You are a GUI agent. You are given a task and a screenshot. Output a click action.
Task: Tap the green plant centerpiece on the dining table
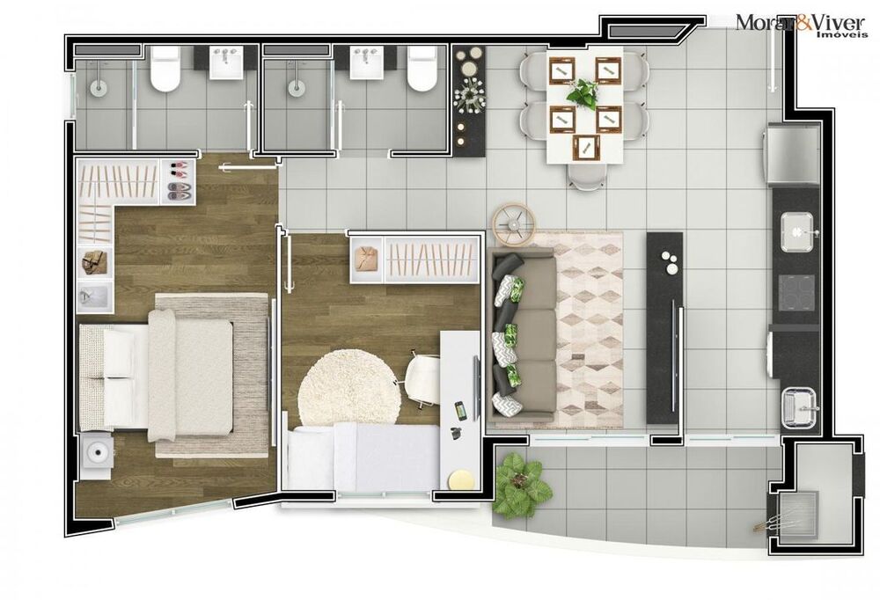(582, 91)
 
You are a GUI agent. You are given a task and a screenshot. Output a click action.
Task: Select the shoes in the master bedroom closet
(178, 179)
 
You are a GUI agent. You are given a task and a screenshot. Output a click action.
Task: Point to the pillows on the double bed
(104, 377)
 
